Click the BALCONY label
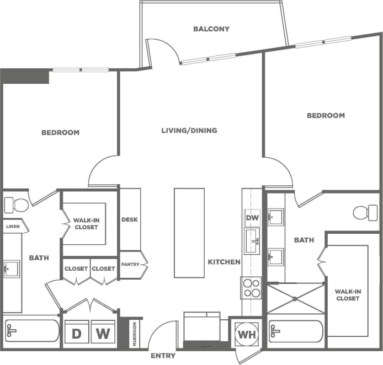211,29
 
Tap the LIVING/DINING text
189,131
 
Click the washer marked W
103,333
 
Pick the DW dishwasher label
252,218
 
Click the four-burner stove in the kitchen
251,287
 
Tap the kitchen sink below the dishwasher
252,241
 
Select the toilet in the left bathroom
17,205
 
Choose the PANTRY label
131,265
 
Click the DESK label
129,219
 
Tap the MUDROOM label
135,334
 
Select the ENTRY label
163,356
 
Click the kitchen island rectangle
189,233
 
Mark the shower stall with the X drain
295,298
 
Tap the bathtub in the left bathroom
31,331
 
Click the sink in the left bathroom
11,269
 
